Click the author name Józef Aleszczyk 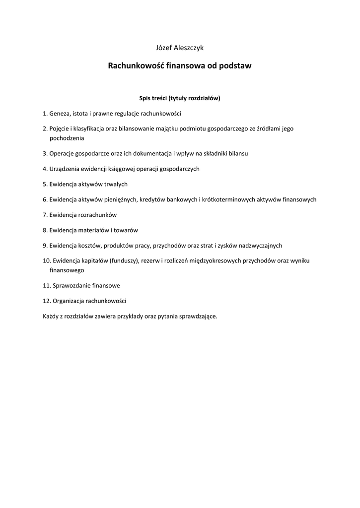click(180, 48)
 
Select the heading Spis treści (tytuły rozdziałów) click(180, 98)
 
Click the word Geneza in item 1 click(60, 113)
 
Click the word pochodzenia click(67, 138)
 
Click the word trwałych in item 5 click(116, 184)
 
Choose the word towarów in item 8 click(126, 230)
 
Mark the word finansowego click(67, 270)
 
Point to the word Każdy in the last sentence click(51, 316)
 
